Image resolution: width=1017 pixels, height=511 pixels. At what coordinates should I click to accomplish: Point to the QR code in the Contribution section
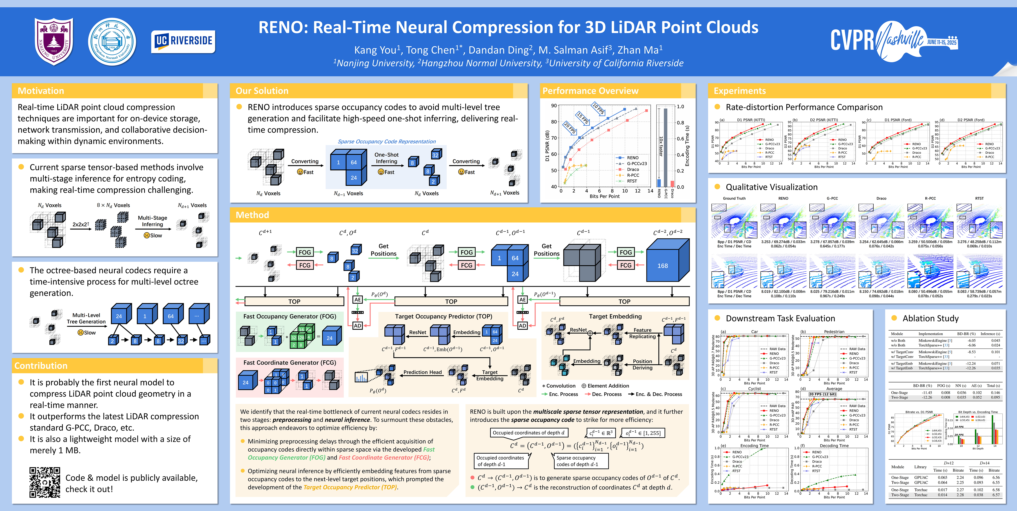[x=45, y=482]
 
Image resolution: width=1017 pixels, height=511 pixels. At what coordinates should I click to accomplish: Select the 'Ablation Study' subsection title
[x=930, y=318]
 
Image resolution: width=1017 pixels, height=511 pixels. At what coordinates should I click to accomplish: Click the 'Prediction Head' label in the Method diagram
[x=422, y=372]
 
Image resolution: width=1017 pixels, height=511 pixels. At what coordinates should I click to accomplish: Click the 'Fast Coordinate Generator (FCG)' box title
[x=289, y=363]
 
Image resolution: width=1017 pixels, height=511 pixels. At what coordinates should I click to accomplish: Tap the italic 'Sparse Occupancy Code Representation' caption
[x=387, y=141]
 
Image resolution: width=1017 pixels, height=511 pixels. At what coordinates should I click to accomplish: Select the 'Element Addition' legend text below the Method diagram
[x=608, y=386]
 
